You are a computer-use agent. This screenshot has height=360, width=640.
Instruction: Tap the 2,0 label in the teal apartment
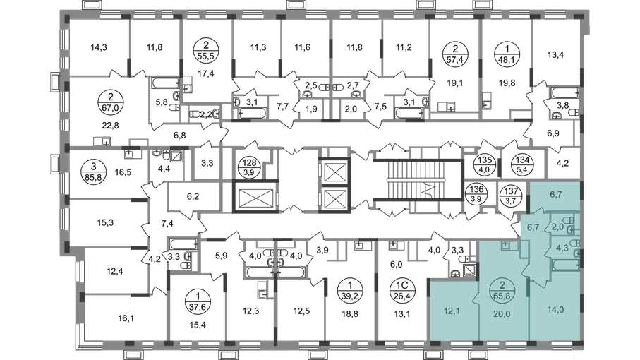(x=557, y=227)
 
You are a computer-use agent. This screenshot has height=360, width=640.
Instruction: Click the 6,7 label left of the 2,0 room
(x=533, y=227)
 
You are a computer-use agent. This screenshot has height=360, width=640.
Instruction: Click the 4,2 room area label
(x=562, y=162)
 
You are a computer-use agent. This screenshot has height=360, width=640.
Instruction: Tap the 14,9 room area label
(x=99, y=48)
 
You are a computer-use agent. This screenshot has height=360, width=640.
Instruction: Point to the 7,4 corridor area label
(x=168, y=224)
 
